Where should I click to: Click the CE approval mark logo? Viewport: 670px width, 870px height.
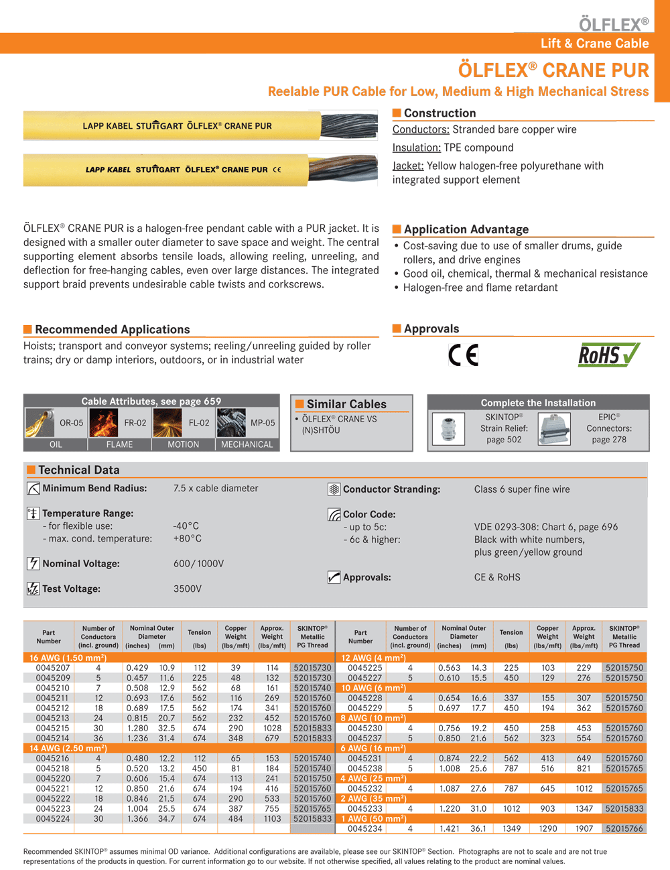coord(464,355)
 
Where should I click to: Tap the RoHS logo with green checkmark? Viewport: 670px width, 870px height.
coord(608,355)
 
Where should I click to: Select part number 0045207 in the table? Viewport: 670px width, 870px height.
coord(53,668)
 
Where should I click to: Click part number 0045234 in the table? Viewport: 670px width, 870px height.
coord(365,828)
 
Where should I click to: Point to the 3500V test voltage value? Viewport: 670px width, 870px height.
coord(188,588)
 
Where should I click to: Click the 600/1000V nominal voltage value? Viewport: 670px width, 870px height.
coord(198,564)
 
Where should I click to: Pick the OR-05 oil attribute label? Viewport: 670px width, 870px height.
coord(71,423)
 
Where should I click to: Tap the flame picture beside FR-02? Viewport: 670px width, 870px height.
coord(104,423)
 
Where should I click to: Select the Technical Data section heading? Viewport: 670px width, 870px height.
coord(78,470)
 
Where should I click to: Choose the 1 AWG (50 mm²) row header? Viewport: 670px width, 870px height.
coord(373,818)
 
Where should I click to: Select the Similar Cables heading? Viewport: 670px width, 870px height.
coord(346,404)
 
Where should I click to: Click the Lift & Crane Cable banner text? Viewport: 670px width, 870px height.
coord(594,44)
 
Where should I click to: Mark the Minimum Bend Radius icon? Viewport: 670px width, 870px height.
coord(33,489)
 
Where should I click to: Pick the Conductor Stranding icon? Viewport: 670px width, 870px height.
coord(334,489)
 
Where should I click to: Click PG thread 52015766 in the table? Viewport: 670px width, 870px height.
coord(624,828)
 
